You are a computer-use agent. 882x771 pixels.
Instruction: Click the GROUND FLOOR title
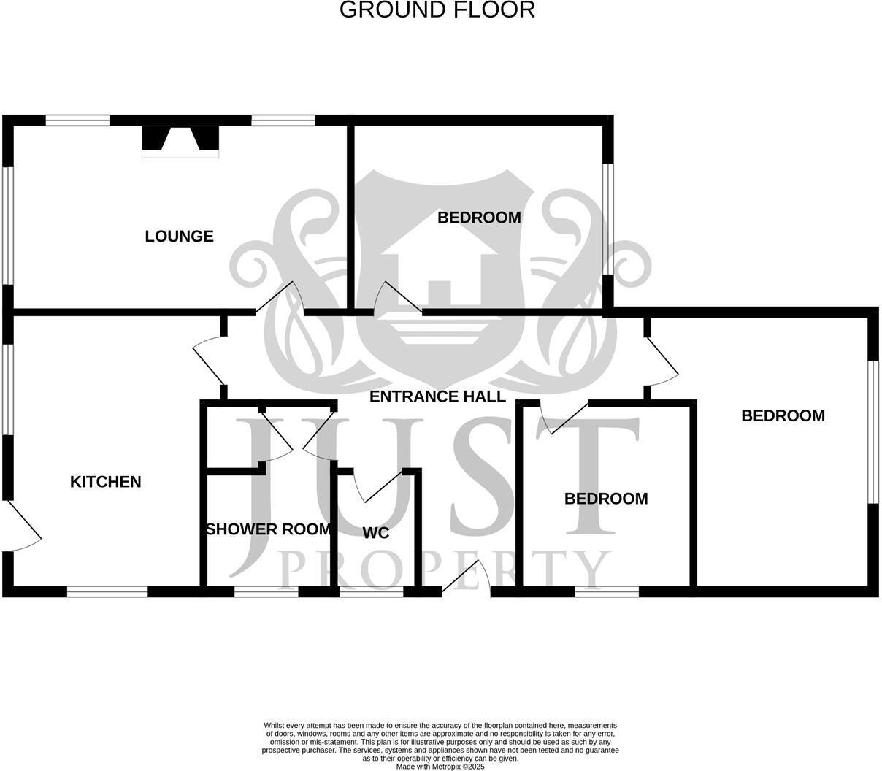click(437, 10)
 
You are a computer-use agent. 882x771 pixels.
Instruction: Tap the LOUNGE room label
click(179, 237)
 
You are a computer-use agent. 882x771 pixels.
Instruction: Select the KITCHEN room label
click(105, 482)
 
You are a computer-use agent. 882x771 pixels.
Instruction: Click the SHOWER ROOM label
click(268, 529)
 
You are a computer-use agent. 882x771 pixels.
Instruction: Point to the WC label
click(376, 533)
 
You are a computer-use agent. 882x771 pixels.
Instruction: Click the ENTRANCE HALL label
click(437, 396)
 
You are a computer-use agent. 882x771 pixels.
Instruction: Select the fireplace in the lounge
click(180, 142)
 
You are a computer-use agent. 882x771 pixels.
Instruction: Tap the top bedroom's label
click(479, 218)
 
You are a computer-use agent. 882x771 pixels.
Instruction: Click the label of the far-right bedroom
click(783, 416)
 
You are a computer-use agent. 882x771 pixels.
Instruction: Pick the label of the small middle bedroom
click(606, 499)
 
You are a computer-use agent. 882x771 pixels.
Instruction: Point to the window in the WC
click(372, 592)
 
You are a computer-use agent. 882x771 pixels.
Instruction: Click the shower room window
click(266, 592)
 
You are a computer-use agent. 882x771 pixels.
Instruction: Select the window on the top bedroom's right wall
click(607, 218)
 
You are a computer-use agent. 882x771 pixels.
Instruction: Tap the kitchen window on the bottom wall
click(107, 592)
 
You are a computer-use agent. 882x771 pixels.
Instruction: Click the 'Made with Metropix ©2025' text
click(440, 767)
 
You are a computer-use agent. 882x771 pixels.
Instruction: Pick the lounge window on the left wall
click(7, 224)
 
